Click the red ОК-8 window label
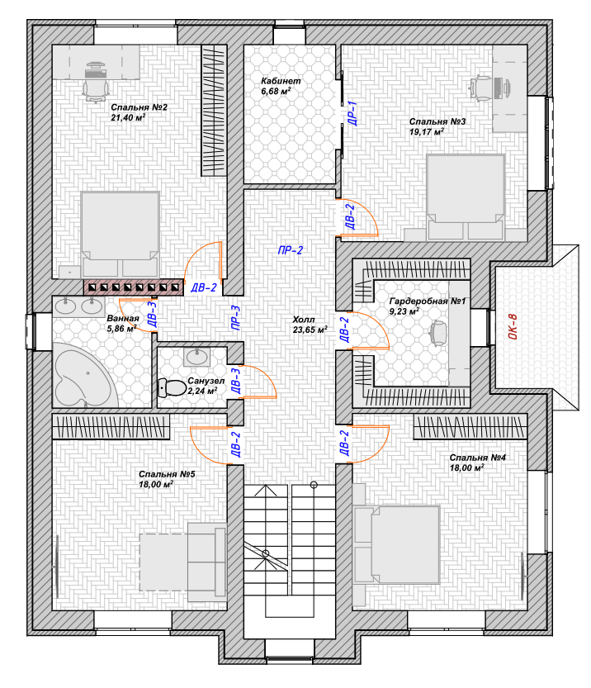513,326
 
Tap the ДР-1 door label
352,113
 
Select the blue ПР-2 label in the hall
291,250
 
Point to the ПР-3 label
235,318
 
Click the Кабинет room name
281,81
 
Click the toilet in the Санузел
173,387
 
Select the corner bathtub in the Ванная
85,376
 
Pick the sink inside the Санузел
196,357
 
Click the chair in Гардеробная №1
438,332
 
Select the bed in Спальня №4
396,544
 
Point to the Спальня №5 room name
167,474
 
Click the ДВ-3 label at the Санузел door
235,381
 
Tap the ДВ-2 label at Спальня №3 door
350,216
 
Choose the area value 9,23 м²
404,311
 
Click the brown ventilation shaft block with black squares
134,287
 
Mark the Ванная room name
123,318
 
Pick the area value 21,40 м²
128,117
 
